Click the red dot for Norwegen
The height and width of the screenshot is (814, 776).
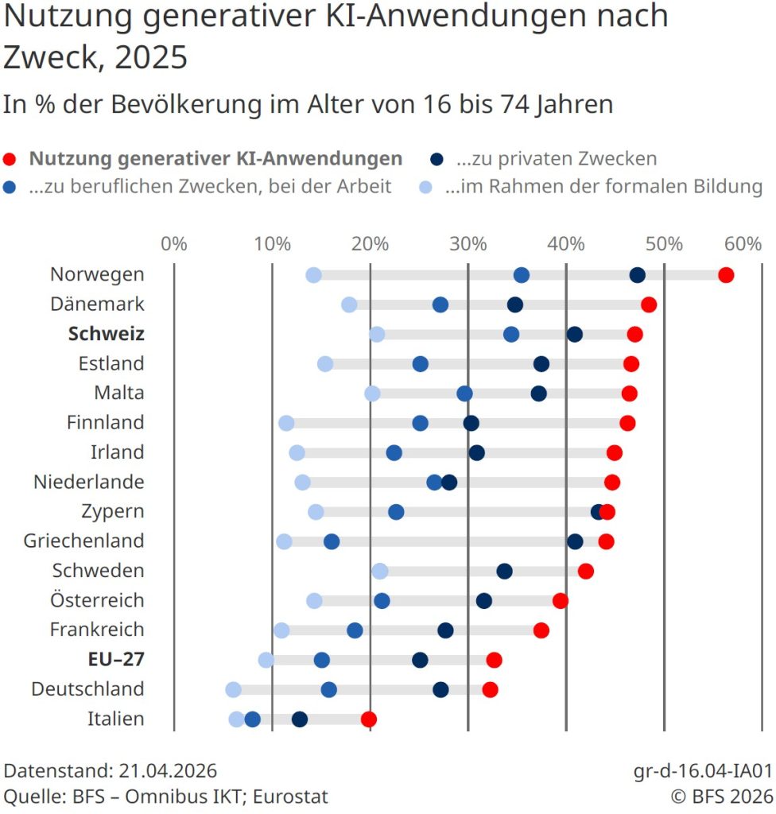[725, 276]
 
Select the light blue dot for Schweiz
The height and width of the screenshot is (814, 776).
[377, 335]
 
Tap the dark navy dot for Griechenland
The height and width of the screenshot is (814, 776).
[575, 541]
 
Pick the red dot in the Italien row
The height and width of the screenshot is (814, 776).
[368, 719]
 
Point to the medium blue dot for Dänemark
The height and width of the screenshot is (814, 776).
[440, 305]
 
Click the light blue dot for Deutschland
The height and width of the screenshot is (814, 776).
[233, 689]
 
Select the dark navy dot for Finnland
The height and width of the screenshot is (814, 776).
[471, 423]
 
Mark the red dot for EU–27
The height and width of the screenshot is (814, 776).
[495, 660]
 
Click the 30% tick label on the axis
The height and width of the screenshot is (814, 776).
[468, 243]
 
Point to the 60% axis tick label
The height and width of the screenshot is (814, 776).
[743, 243]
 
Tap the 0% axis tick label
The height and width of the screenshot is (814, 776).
[174, 243]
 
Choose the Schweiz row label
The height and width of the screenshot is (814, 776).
[107, 334]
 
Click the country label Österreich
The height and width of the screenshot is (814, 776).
[97, 599]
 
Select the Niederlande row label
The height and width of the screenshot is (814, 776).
[89, 482]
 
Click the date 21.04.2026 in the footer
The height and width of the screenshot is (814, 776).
[168, 771]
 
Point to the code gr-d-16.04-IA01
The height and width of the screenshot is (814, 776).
[703, 771]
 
